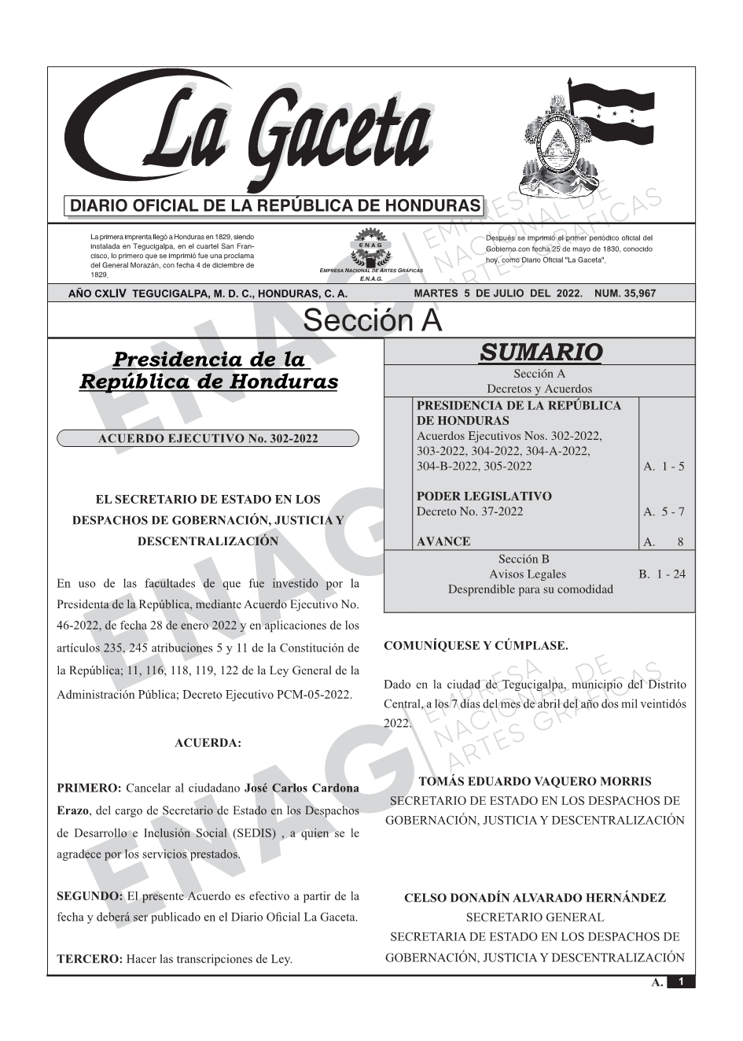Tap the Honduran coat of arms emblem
coord(554,150)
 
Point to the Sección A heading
coord(372,320)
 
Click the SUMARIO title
coord(540,352)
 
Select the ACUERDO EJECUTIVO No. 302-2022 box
coord(208,438)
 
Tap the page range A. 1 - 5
coord(664,467)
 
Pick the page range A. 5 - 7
coord(664,512)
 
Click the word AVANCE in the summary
coord(443,542)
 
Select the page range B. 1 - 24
coord(661,574)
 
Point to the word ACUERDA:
coord(208,743)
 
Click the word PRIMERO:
coord(89,788)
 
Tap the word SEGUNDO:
coord(90,896)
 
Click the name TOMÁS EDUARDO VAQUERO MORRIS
coord(535,782)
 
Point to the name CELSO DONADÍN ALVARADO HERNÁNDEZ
coord(535,898)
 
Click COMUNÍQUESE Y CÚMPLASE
coord(476,646)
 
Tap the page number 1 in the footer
coord(681,982)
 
